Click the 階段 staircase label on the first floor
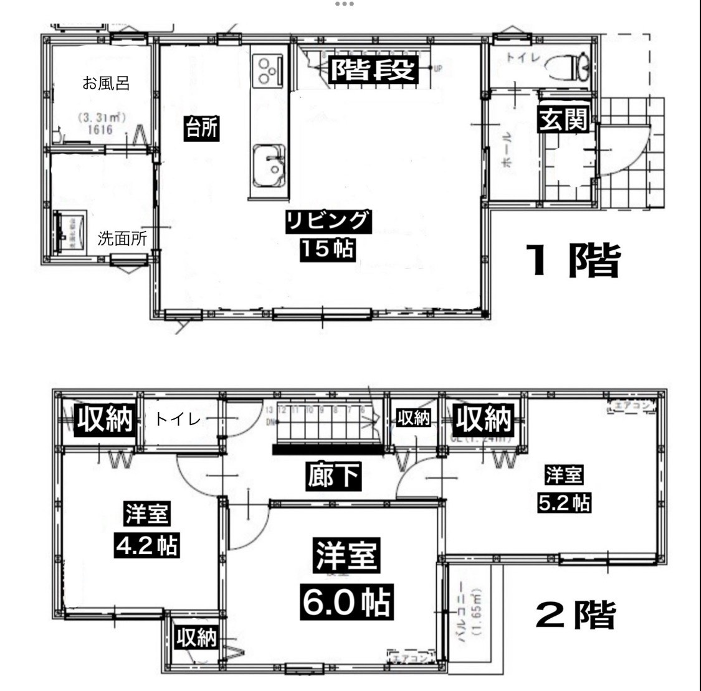coord(372,70)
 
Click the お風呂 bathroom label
coord(106,83)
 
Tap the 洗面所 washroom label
coord(122,239)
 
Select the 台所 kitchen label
coord(201,129)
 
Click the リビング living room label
coord(328,222)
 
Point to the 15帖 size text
coord(328,250)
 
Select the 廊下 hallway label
coord(334,476)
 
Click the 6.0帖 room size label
coord(346,602)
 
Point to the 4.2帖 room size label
coord(146,545)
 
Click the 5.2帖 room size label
coord(564,502)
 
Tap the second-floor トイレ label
coord(178,420)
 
